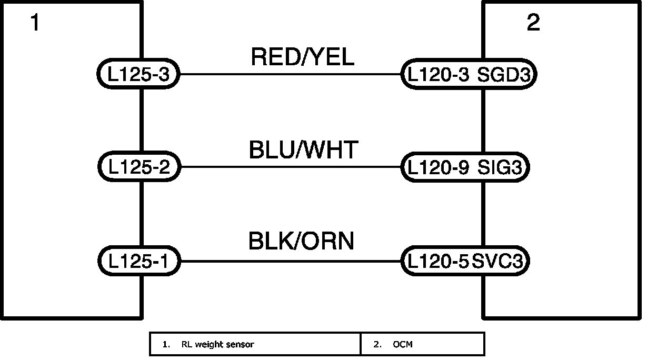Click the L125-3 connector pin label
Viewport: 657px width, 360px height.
click(138, 74)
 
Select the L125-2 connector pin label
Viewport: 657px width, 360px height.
click(140, 167)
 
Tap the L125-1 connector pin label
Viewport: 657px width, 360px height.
click(138, 261)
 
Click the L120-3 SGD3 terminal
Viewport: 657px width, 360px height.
click(469, 74)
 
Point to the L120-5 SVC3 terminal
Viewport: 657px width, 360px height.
click(465, 261)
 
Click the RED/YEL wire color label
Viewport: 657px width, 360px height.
click(302, 57)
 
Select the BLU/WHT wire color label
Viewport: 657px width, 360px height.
click(303, 150)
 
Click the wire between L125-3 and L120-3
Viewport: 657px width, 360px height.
click(290, 74)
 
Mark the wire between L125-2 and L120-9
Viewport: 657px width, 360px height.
click(290, 167)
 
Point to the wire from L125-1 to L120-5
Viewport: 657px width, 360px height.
click(290, 261)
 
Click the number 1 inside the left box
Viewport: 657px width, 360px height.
click(35, 23)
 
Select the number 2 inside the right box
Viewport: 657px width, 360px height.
click(533, 23)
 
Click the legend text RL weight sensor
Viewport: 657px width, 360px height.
click(217, 345)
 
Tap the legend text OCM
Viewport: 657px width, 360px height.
click(403, 345)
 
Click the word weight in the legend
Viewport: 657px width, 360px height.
click(208, 345)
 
